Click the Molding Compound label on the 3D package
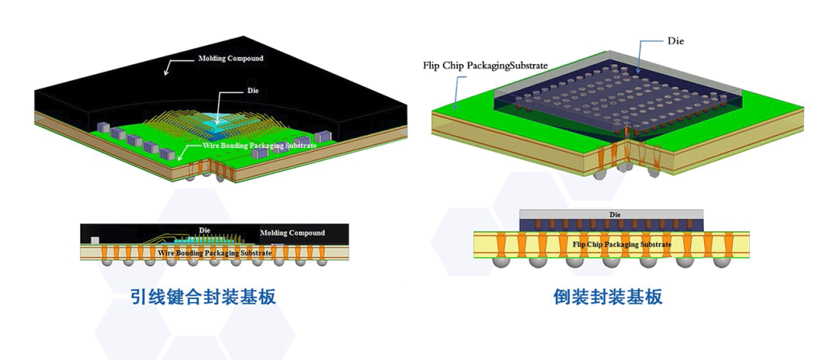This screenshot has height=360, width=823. (x=231, y=59)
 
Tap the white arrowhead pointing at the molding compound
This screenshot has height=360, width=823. (x=166, y=73)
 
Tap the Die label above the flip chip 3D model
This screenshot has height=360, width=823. (x=675, y=40)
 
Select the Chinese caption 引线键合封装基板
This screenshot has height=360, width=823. (x=203, y=297)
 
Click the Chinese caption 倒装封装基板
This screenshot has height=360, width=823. (x=608, y=297)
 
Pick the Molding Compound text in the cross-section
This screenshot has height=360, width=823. (x=293, y=233)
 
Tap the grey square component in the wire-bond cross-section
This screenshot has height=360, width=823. (x=96, y=240)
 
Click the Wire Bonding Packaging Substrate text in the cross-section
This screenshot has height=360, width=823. (x=215, y=253)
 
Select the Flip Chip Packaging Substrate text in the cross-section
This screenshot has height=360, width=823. (x=622, y=243)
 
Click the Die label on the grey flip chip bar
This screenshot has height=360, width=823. (x=615, y=215)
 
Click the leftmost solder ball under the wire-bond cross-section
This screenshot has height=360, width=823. (x=105, y=261)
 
